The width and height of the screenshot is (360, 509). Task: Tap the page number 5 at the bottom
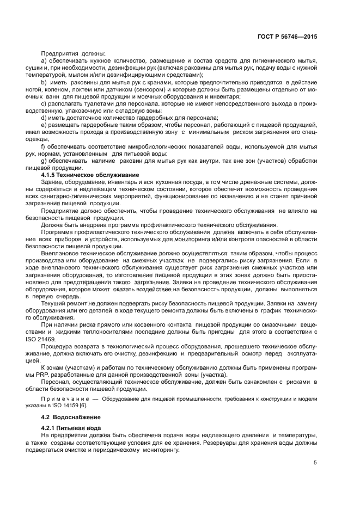click(315, 463)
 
